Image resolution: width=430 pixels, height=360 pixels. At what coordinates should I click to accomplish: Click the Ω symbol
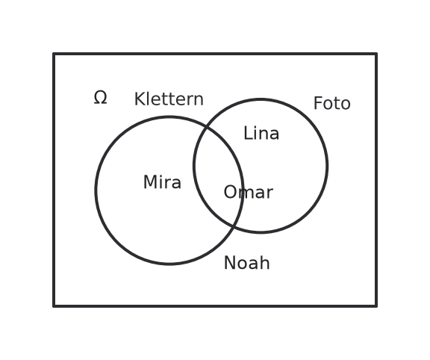(x=100, y=98)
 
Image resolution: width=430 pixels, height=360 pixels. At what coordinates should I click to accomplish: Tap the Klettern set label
(x=169, y=99)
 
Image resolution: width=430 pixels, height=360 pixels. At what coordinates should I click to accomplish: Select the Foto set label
(x=331, y=104)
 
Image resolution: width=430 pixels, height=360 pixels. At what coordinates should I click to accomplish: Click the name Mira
(x=162, y=182)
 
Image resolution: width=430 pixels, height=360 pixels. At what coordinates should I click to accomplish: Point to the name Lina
(x=261, y=134)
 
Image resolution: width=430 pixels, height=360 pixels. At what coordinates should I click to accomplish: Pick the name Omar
(x=249, y=192)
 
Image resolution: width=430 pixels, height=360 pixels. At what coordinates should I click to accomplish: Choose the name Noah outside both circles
(x=247, y=263)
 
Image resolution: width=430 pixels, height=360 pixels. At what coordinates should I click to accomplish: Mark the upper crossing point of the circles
(x=207, y=126)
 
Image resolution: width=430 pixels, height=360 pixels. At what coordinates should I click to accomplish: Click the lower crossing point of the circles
(x=234, y=226)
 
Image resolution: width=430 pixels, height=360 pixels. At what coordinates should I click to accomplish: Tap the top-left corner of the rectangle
(x=54, y=54)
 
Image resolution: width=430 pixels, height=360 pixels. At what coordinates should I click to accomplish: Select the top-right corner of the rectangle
(x=376, y=54)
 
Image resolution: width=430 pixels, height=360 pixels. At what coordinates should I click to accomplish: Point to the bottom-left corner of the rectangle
(x=54, y=306)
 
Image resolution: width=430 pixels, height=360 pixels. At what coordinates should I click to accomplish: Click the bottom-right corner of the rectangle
(x=376, y=306)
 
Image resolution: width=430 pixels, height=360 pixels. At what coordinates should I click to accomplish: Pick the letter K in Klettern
(x=140, y=99)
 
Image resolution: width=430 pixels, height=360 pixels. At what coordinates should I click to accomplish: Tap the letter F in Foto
(x=318, y=104)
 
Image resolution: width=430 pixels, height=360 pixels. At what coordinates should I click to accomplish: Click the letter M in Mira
(x=150, y=182)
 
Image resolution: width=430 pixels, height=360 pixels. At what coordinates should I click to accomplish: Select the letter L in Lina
(x=249, y=134)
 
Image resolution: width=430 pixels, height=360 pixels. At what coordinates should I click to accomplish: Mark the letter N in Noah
(x=230, y=263)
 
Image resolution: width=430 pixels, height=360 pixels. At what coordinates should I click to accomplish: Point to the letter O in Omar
(x=231, y=192)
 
